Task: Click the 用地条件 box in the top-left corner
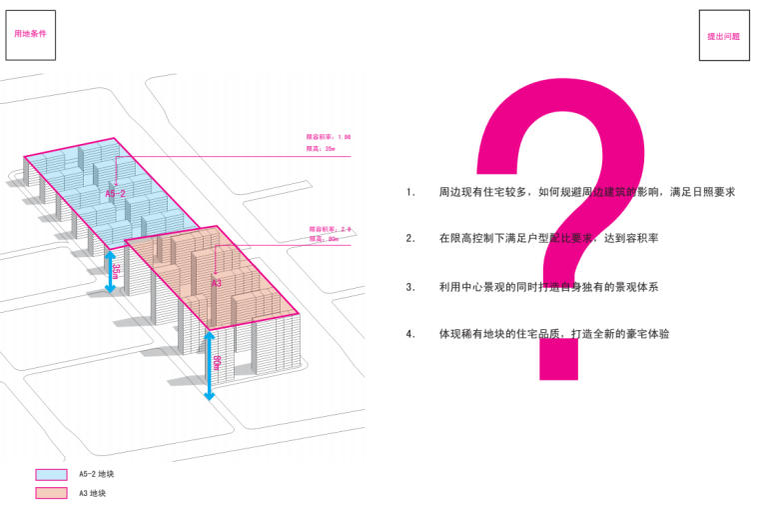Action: (31, 33)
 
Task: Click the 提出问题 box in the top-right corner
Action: (723, 36)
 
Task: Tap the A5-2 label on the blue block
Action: (115, 194)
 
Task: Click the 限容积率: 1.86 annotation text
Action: (329, 137)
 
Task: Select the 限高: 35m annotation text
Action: (321, 149)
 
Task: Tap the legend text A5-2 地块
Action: (97, 475)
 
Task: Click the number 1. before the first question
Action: (410, 191)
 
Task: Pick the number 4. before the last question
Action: (410, 334)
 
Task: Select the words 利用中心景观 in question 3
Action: (473, 287)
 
